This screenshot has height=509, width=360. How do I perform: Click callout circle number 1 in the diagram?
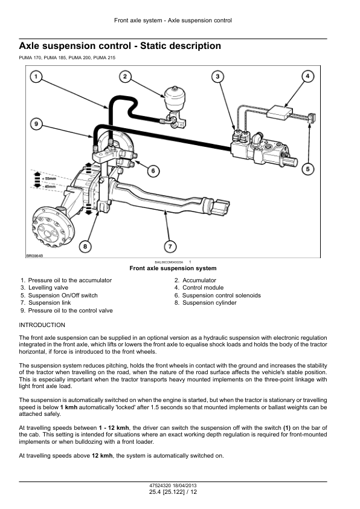[36, 77]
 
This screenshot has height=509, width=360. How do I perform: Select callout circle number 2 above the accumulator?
[125, 76]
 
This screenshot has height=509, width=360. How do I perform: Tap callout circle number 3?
[217, 76]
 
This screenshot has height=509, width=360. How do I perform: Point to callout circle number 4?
[307, 76]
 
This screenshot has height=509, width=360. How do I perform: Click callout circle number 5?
[307, 169]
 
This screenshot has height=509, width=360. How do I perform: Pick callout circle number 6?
[153, 171]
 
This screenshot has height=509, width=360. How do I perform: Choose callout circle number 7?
[171, 246]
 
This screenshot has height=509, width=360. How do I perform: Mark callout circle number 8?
[85, 246]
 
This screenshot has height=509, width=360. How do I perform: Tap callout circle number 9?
[36, 124]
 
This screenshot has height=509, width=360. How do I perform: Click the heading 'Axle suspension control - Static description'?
[120, 46]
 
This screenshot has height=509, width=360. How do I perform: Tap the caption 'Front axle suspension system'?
[173, 268]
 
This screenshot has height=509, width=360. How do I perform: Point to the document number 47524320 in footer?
[160, 486]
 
